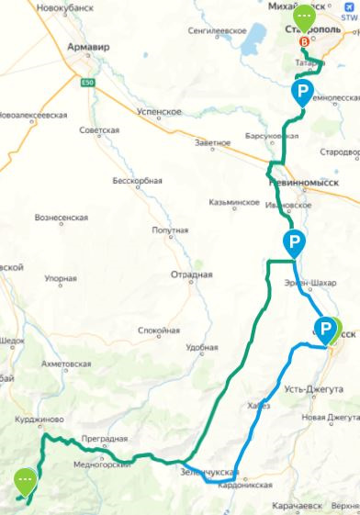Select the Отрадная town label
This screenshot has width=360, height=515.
(191, 274)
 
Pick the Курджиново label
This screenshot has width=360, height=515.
(38, 422)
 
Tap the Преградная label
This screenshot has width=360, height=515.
(100, 439)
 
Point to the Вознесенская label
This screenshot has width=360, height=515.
(61, 218)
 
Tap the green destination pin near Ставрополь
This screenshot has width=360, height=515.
(303, 17)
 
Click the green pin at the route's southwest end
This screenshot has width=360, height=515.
(25, 478)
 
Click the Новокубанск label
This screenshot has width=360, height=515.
(63, 6)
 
